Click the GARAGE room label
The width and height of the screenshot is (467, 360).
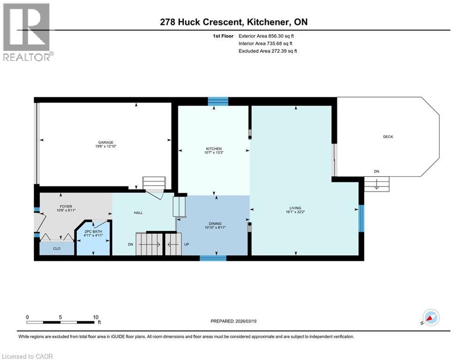click(106, 142)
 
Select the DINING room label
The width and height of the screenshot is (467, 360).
click(214, 224)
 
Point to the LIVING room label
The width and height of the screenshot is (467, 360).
click(295, 208)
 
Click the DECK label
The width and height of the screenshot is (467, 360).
click(388, 137)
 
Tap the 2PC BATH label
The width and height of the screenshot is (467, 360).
click(93, 232)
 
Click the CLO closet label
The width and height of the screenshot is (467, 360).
click(56, 249)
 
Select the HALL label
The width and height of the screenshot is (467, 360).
click(138, 213)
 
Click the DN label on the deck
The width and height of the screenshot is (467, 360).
click(376, 172)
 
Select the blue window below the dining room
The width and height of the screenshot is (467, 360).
click(213, 258)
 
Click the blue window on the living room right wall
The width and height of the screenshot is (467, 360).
click(361, 218)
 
